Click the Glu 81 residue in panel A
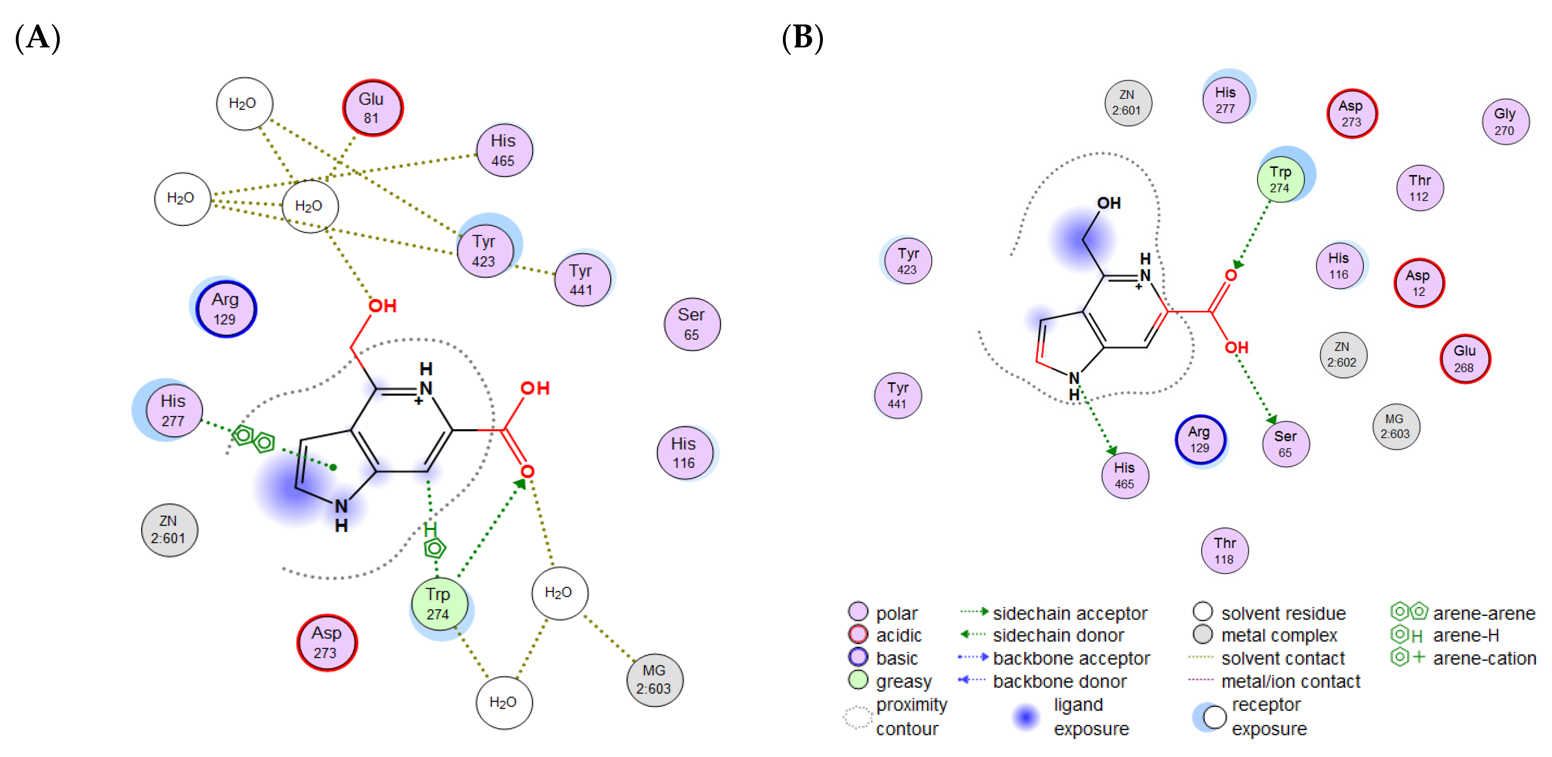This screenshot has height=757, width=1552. click(x=372, y=108)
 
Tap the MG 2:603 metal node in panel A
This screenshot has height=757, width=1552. click(x=654, y=679)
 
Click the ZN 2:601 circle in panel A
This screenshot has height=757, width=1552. click(x=169, y=529)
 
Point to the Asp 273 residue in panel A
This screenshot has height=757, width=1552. click(x=327, y=642)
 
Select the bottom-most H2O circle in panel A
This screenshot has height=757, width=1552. click(x=504, y=702)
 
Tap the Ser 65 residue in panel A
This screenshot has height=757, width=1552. click(x=692, y=324)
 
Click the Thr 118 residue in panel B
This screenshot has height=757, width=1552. click(x=1224, y=550)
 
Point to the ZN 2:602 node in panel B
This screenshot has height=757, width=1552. click(x=1342, y=355)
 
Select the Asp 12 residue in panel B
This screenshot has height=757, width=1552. click(x=1418, y=283)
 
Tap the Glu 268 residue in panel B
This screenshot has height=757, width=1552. click(x=1465, y=359)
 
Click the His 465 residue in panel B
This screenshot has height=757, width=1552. click(x=1124, y=475)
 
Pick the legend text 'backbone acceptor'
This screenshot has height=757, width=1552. click(x=1071, y=658)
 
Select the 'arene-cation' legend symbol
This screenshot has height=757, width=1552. click(x=1407, y=657)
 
